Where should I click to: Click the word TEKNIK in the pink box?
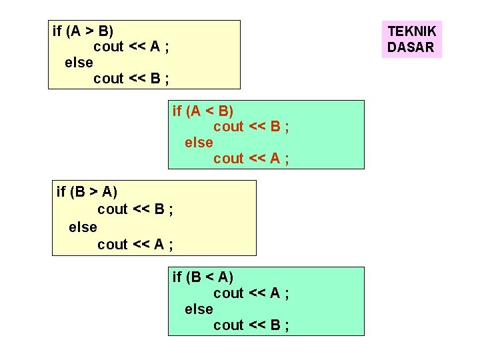tap(412, 31)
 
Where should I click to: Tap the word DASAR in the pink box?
tap(411, 47)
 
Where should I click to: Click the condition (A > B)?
tap(90, 31)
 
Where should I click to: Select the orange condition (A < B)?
tap(210, 111)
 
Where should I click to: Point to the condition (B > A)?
tap(94, 192)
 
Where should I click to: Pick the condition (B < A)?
tap(210, 277)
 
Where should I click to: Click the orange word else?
tap(199, 143)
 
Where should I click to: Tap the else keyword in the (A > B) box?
tap(79, 63)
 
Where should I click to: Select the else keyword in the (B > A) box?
tap(83, 227)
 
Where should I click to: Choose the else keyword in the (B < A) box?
tap(199, 309)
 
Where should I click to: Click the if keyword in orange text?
tap(177, 111)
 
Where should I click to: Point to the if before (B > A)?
tap(61, 191)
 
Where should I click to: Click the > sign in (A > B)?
tap(89, 31)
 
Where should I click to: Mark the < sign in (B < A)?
tap(209, 277)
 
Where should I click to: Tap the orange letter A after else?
tap(275, 158)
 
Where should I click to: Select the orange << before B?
tap(257, 127)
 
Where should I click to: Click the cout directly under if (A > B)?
tap(109, 47)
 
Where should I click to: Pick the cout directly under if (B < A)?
tap(229, 293)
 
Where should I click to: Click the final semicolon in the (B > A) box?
tap(171, 245)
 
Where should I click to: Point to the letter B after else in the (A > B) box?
tap(155, 79)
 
